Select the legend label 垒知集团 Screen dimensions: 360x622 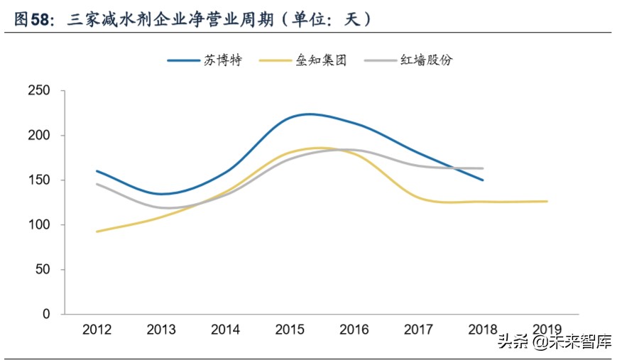coord(322,60)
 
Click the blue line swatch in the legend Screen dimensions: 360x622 coord(186,60)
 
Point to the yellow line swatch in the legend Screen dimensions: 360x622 coord(278,60)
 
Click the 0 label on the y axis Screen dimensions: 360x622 coord(46,314)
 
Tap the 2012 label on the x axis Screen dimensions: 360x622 coord(97,329)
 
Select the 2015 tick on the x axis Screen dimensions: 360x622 coord(289,329)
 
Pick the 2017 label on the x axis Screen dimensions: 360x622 coord(418,329)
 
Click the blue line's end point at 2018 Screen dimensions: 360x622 coord(483,180)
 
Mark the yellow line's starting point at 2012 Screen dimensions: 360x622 coord(97,231)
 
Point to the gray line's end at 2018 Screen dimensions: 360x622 coord(483,168)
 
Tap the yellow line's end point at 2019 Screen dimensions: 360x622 coord(547,202)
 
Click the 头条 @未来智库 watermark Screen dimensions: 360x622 coord(555,342)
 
